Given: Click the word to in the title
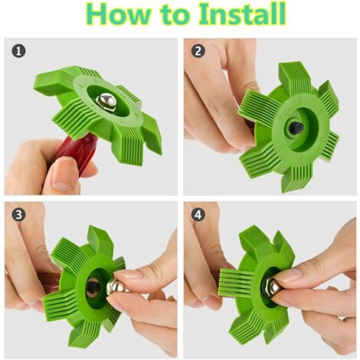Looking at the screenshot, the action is click(x=176, y=15).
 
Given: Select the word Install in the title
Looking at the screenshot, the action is click(x=242, y=14).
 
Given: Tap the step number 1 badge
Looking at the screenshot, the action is click(x=18, y=51).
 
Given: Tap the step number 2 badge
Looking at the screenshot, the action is click(x=198, y=51).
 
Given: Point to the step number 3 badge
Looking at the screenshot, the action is click(x=18, y=214).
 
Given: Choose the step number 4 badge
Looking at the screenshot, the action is click(x=198, y=214).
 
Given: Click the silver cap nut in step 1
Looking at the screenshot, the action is click(x=106, y=101).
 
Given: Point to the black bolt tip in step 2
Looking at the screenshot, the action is click(x=296, y=128).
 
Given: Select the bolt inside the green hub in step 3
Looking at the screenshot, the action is click(x=93, y=287).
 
